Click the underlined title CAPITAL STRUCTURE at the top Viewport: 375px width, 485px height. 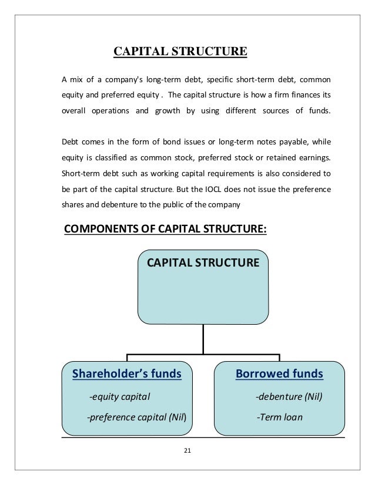[x=180, y=51]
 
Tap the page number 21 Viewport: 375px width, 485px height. [x=187, y=450]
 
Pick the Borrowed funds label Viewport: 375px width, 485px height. [x=279, y=373]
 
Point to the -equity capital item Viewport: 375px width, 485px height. [x=119, y=397]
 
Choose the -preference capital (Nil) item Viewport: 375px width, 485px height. [x=136, y=418]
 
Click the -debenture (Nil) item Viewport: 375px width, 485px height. [x=289, y=397]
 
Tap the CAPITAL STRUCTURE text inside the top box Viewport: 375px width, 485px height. [x=203, y=262]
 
